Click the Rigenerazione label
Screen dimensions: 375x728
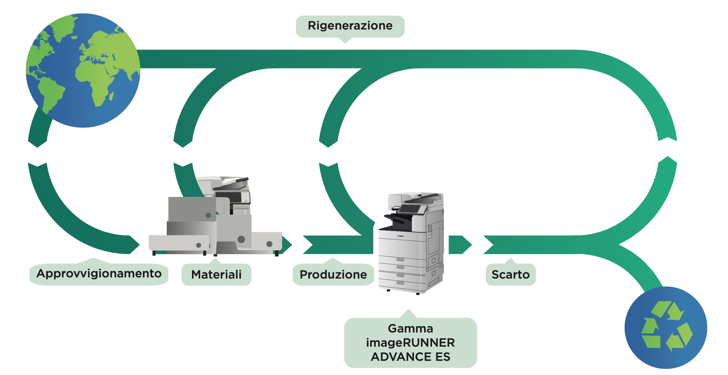[x=350, y=26]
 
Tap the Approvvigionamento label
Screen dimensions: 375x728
[x=99, y=273]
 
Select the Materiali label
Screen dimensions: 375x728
[x=216, y=274]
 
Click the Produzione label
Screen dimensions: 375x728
[x=333, y=274]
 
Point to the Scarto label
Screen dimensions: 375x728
[x=510, y=274]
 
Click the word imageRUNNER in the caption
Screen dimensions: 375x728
[x=410, y=343]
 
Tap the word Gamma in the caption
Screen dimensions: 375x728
[x=410, y=329]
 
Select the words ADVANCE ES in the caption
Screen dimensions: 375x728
[x=410, y=357]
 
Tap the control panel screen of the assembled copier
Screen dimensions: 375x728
[x=410, y=209]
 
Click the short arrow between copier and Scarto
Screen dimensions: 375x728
[x=460, y=245]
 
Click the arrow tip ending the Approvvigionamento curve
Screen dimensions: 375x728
[x=134, y=244]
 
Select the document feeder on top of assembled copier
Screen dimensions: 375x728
[x=418, y=197]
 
